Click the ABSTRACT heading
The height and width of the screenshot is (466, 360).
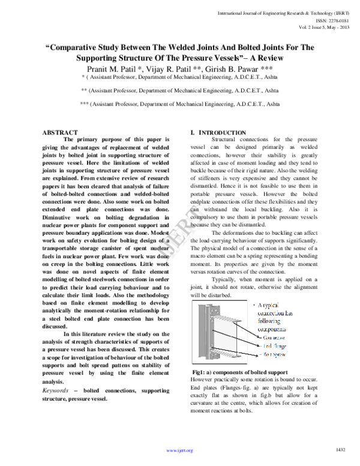coord(60,132)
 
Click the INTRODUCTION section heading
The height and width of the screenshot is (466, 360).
coord(221,132)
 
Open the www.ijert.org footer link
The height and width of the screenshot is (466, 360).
coord(179,450)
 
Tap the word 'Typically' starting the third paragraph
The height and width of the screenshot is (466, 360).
coord(225,280)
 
